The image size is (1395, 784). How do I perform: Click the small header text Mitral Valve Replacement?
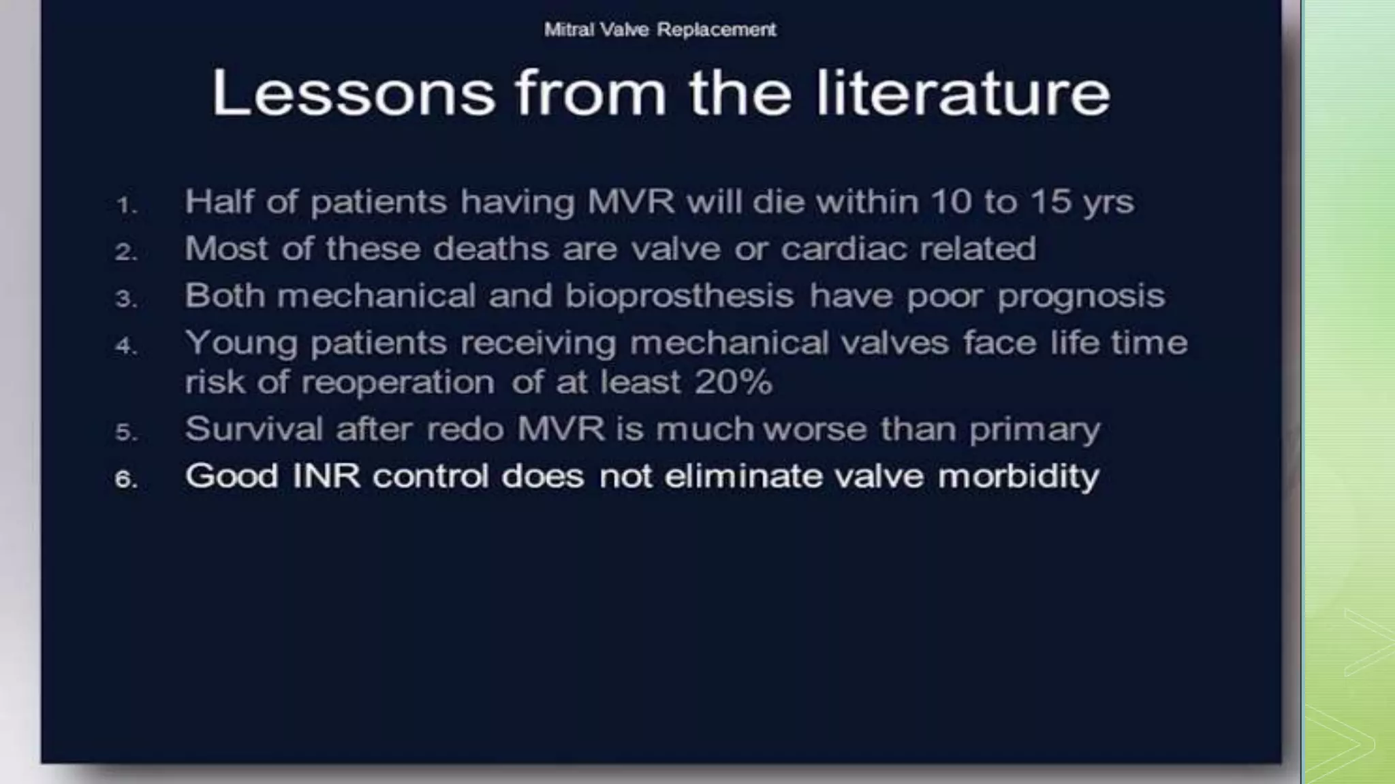coord(659,30)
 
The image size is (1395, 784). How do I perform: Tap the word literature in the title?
coord(963,93)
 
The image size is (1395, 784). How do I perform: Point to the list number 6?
coord(126,479)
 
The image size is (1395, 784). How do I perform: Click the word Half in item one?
coord(218,201)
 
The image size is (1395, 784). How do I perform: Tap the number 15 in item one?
coord(1050,201)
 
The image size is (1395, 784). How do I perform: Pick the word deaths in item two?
coord(491,248)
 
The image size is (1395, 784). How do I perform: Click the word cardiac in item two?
coord(843,248)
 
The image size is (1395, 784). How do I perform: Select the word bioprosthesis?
coord(679,296)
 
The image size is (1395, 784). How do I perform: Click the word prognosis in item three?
coord(1081,296)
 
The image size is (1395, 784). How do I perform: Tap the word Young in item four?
coord(241,342)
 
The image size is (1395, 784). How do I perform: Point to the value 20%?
coord(734,382)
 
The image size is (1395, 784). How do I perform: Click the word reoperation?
coord(398,382)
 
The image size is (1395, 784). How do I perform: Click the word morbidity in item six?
coord(1018,476)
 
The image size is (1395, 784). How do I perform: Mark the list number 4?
coord(126,346)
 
